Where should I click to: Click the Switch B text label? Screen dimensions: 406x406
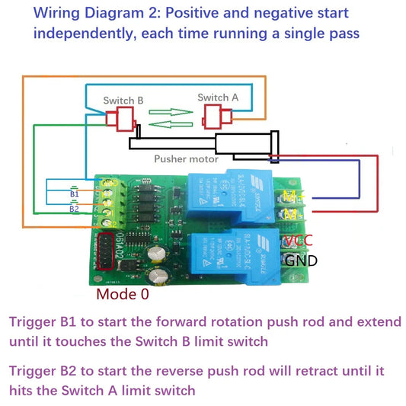click(123, 100)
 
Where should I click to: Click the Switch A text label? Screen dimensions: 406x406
click(218, 97)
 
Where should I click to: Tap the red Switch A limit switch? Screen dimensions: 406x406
click(216, 117)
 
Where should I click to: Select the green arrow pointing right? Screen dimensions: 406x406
click(171, 111)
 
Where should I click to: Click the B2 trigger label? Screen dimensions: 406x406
click(74, 208)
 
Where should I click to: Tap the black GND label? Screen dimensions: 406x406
click(301, 261)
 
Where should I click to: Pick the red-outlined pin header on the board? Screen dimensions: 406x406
click(104, 251)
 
